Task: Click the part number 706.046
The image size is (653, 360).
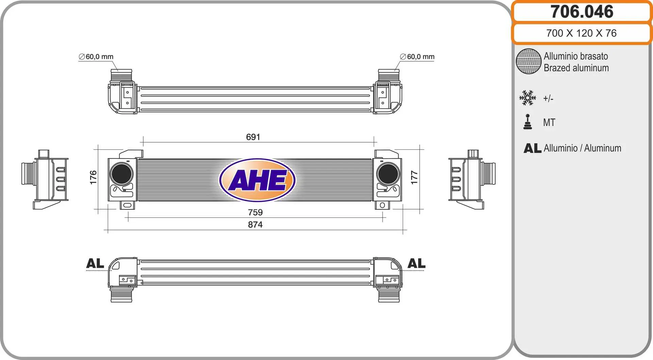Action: pyautogui.click(x=582, y=12)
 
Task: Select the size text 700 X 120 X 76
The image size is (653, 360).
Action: pyautogui.click(x=581, y=33)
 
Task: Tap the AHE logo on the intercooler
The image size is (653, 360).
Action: pyautogui.click(x=257, y=180)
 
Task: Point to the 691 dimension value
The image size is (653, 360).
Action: pyautogui.click(x=253, y=137)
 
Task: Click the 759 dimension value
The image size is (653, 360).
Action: pyautogui.click(x=255, y=212)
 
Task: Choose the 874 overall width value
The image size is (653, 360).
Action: pyautogui.click(x=255, y=225)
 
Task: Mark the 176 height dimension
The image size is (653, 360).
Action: pyautogui.click(x=93, y=177)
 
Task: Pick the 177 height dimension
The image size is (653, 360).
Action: pyautogui.click(x=414, y=177)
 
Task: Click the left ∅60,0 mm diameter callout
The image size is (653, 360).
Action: pyautogui.click(x=96, y=56)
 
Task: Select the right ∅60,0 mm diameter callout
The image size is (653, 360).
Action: pyautogui.click(x=417, y=56)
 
